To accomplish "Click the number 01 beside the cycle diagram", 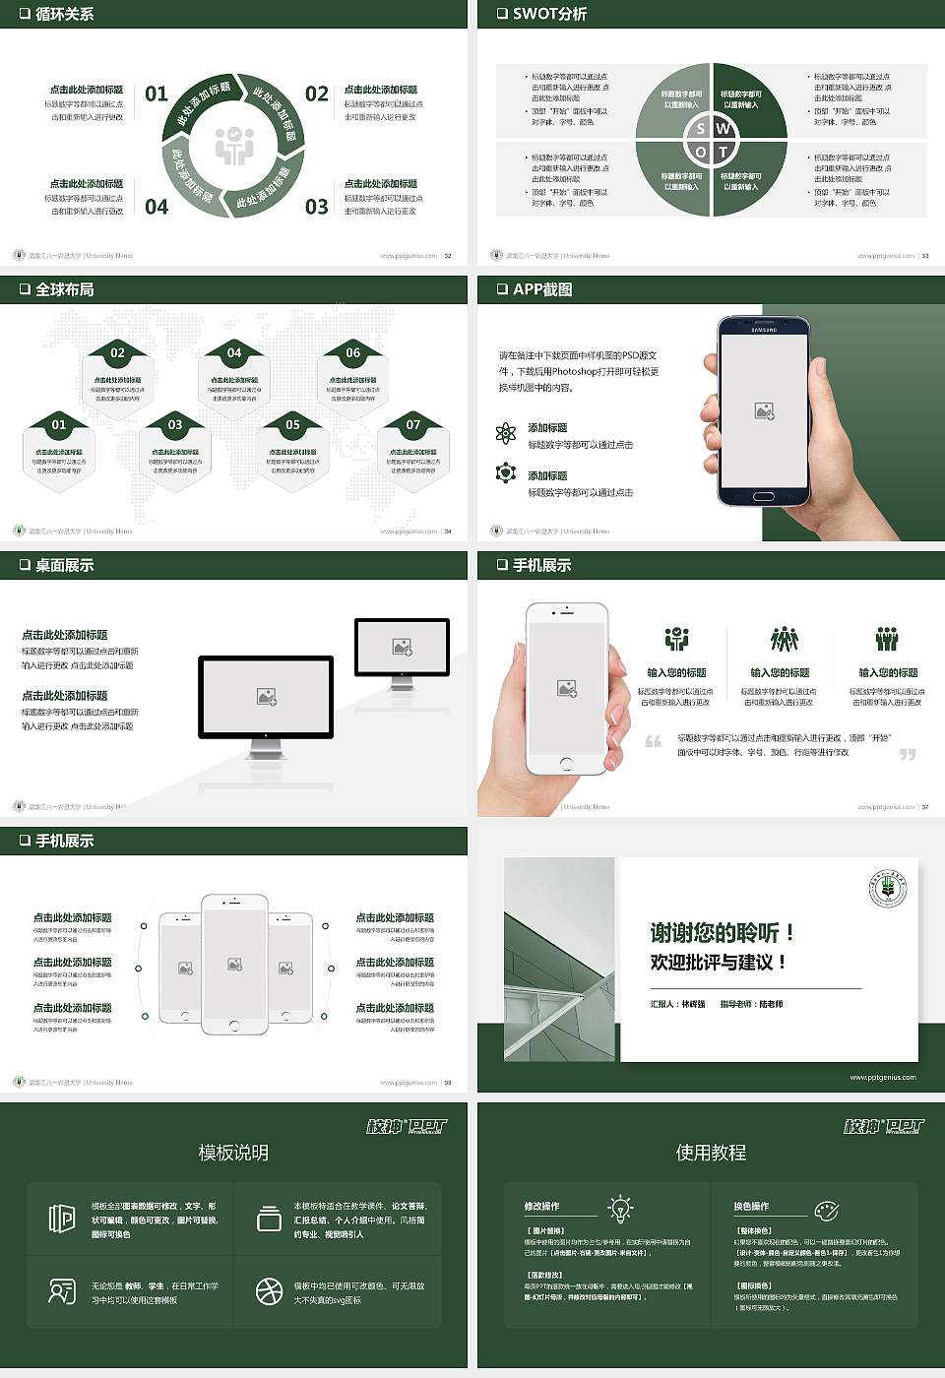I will point(157,94).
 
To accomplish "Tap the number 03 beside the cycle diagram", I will point(316,207).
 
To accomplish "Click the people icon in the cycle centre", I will point(234,146).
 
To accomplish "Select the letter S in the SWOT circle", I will point(700,128).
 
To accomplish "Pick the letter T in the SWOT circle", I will point(724,152).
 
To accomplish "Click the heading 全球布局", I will point(64,289).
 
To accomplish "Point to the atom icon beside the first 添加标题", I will point(506,433).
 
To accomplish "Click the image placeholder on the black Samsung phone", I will point(764,411).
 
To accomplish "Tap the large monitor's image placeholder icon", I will point(266,697).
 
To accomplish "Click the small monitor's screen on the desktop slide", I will point(402,647).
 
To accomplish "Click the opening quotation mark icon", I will point(654,741).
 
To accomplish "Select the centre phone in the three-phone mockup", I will point(234,964).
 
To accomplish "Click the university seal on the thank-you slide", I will point(887,889).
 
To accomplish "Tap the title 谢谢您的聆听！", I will point(722,932).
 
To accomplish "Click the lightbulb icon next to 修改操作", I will point(620,1208).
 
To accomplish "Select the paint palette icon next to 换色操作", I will point(826,1210).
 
